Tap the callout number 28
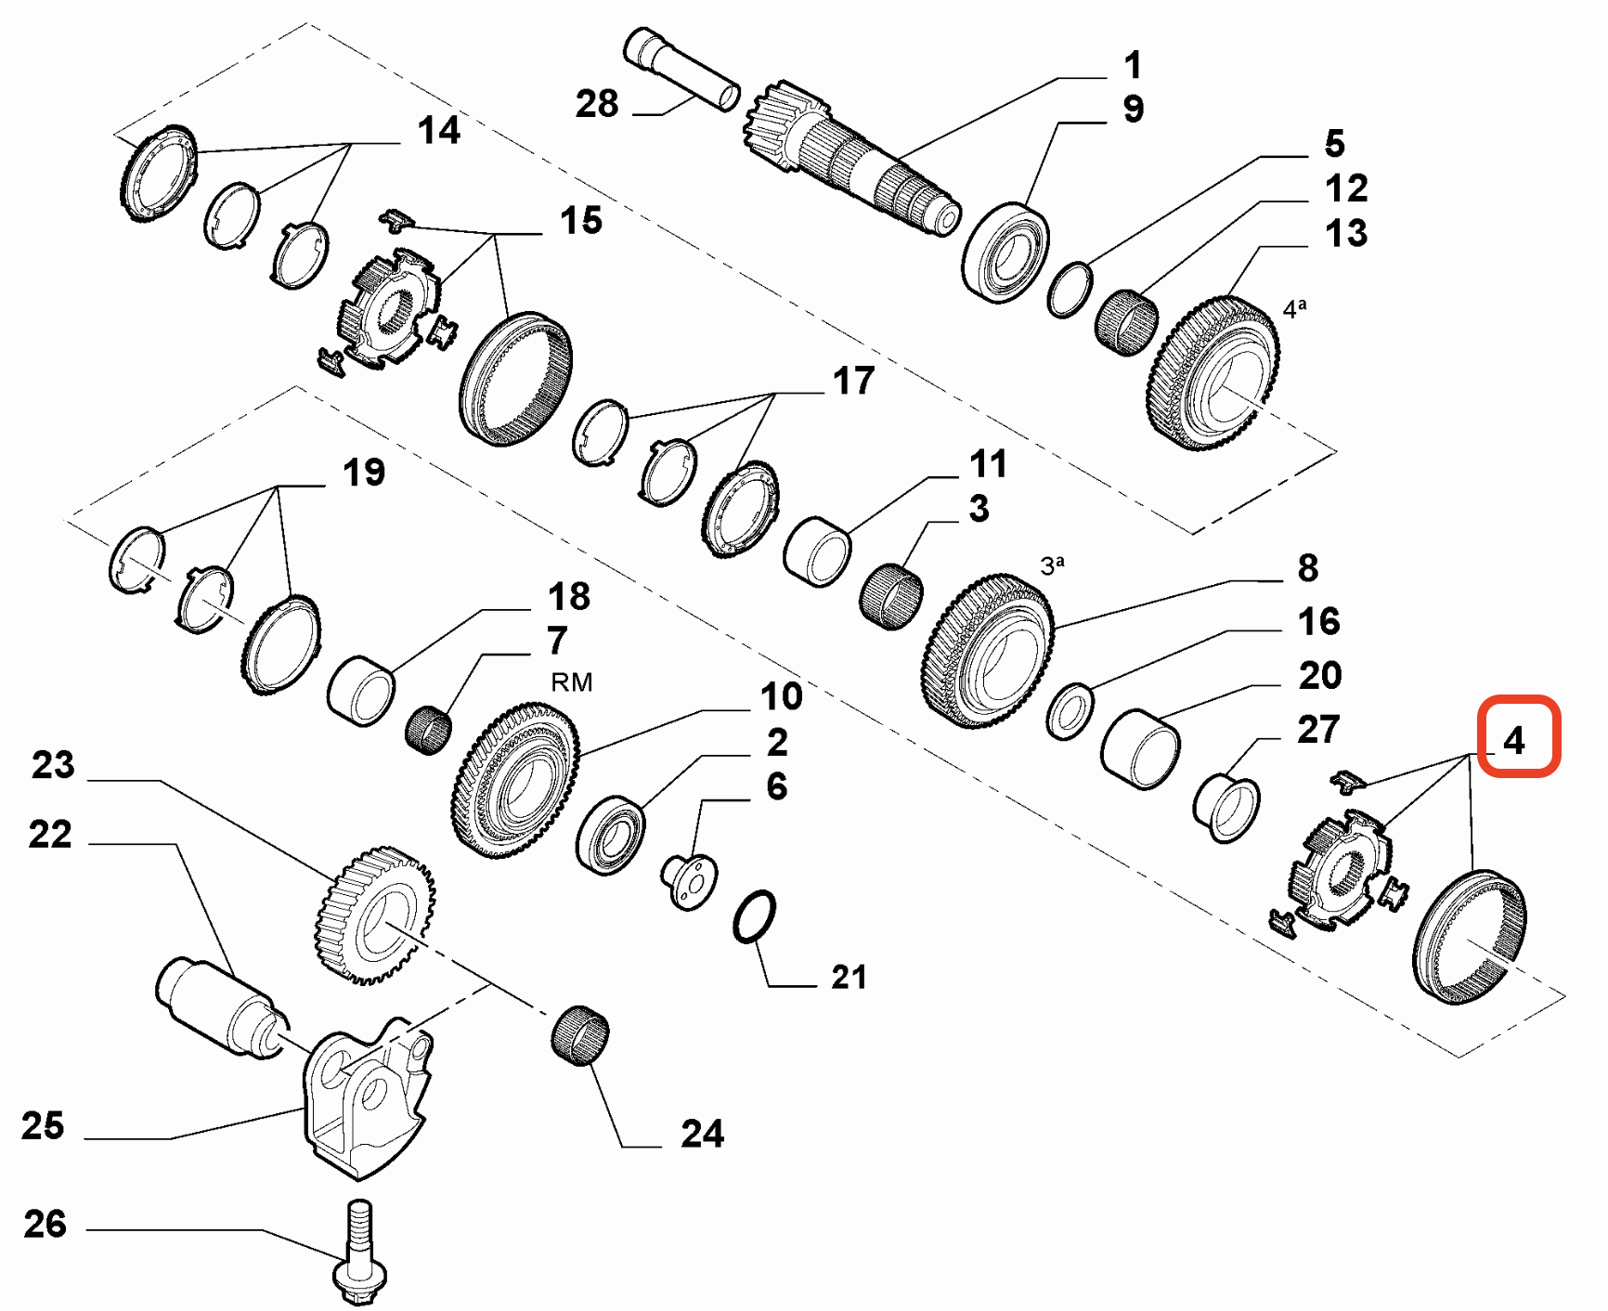click(x=596, y=103)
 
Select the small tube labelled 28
click(x=681, y=69)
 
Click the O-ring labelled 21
click(x=754, y=917)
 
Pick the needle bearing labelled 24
click(x=580, y=1034)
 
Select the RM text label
click(x=571, y=682)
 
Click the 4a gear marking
click(x=1294, y=307)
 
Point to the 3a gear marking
click(x=1052, y=565)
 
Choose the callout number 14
click(x=438, y=130)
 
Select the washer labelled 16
click(x=1070, y=711)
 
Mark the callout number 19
click(x=363, y=472)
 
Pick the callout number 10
click(x=780, y=695)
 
